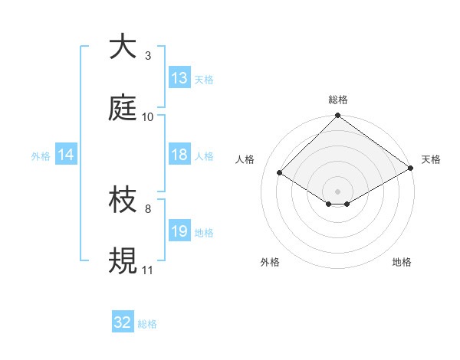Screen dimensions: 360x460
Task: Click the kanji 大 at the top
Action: tap(123, 47)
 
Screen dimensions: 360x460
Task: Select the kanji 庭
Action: tap(123, 109)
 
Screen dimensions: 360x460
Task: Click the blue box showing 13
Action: tap(179, 78)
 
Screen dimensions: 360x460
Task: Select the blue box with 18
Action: tap(179, 155)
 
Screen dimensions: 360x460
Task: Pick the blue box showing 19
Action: tap(179, 231)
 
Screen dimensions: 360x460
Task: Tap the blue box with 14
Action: tap(66, 155)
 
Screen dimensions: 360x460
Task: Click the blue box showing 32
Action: tap(123, 322)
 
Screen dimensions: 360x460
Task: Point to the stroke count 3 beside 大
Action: tap(148, 56)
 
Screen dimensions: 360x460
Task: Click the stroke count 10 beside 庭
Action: tap(148, 117)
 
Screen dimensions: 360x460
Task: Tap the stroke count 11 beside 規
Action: tap(148, 270)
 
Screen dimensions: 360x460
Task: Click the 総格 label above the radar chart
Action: tap(338, 100)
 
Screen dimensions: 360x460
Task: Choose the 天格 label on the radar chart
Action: tap(431, 159)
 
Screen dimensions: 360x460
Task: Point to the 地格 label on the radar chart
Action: tap(402, 262)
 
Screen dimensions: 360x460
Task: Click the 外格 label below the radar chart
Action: tap(270, 262)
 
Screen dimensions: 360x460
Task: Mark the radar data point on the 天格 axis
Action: tap(411, 168)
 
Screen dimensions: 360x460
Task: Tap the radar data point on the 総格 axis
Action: tap(338, 116)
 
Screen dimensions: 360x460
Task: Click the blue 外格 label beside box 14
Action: tap(41, 155)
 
